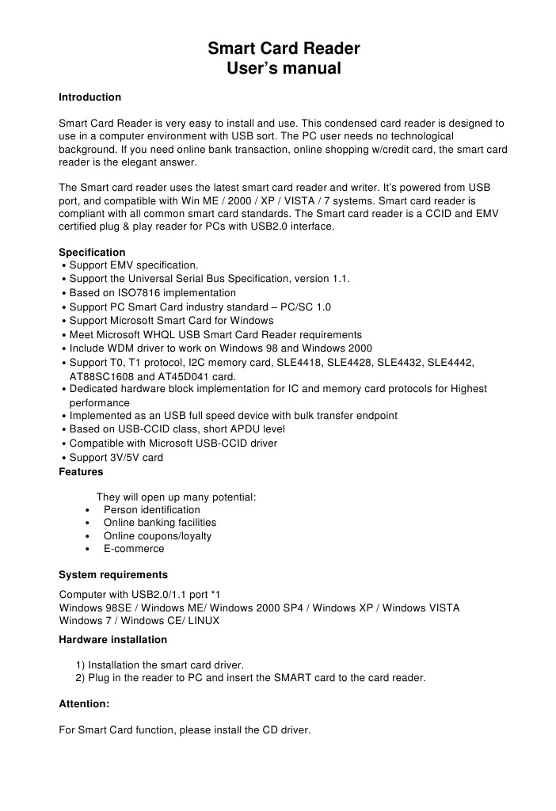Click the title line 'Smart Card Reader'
pyautogui.click(x=284, y=49)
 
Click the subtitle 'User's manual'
pyautogui.click(x=284, y=69)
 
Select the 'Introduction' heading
pyautogui.click(x=90, y=97)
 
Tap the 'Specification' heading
pyautogui.click(x=92, y=253)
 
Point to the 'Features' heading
pyautogui.click(x=81, y=472)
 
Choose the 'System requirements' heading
pyautogui.click(x=113, y=575)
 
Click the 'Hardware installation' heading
pyautogui.click(x=113, y=640)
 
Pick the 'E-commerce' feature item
pyautogui.click(x=134, y=549)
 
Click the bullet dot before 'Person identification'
pyautogui.click(x=87, y=510)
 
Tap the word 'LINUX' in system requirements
pyautogui.click(x=204, y=621)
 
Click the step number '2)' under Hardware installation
pyautogui.click(x=80, y=678)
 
